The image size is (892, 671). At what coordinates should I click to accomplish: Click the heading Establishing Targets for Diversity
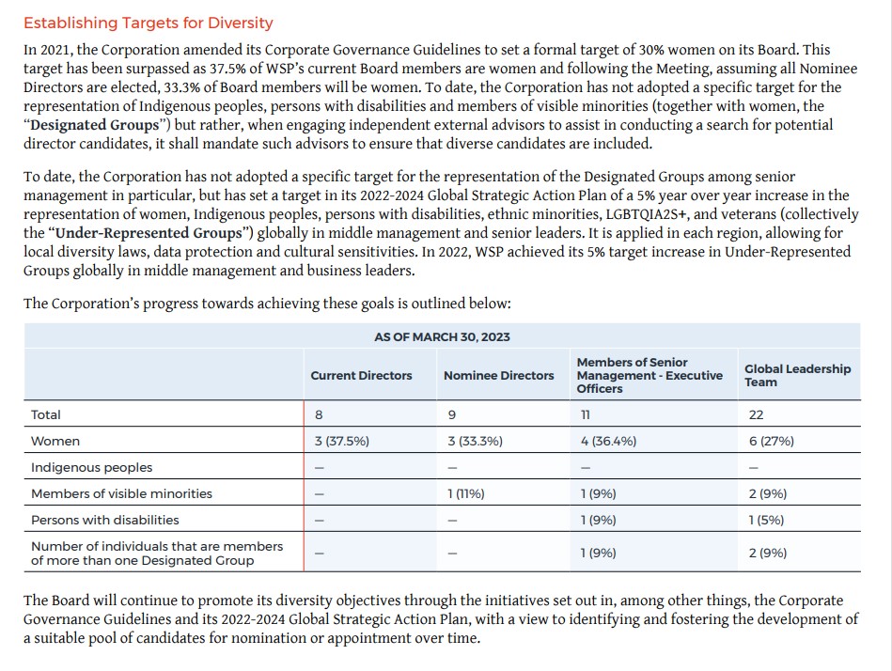tap(149, 23)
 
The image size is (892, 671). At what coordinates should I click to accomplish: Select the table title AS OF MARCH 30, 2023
tap(442, 336)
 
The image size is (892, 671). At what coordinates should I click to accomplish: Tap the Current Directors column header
tap(361, 375)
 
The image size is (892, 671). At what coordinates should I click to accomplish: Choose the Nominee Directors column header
tap(498, 375)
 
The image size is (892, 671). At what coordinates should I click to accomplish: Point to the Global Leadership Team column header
tap(797, 375)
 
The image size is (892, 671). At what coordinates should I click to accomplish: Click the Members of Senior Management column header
tap(649, 375)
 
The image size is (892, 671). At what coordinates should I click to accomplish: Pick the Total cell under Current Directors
tap(318, 414)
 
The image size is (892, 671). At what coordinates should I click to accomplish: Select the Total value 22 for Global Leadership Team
tap(756, 414)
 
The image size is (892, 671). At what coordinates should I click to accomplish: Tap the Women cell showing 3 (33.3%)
tap(476, 441)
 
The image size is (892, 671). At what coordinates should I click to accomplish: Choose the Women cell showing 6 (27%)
tap(771, 441)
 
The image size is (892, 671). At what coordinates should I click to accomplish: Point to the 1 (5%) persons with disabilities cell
tap(766, 520)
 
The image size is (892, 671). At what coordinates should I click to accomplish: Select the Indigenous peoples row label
tap(91, 467)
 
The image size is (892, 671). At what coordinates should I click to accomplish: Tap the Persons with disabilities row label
tap(104, 520)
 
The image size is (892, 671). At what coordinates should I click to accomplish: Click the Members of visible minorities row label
tap(121, 493)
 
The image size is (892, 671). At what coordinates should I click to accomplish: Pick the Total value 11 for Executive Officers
tap(587, 414)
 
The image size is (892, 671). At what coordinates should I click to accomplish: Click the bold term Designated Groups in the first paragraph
tap(89, 125)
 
